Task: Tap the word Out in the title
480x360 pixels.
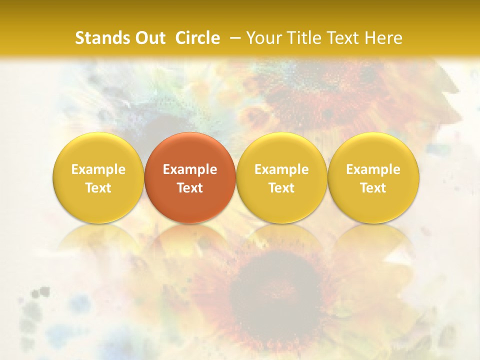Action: click(x=149, y=38)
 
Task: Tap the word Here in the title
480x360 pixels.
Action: click(x=384, y=38)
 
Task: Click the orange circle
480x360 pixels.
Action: click(x=190, y=150)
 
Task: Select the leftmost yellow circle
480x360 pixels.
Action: click(x=98, y=150)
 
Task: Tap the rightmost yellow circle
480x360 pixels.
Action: click(x=373, y=150)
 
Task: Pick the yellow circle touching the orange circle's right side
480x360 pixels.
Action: click(x=281, y=150)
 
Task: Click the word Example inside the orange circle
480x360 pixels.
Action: click(x=190, y=169)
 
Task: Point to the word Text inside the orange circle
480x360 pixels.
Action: click(x=190, y=188)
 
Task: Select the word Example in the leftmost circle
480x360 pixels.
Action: click(x=98, y=169)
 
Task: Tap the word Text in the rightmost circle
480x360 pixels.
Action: click(x=373, y=188)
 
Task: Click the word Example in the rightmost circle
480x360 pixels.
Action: click(x=373, y=169)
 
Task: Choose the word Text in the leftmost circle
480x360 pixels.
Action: click(x=98, y=188)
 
